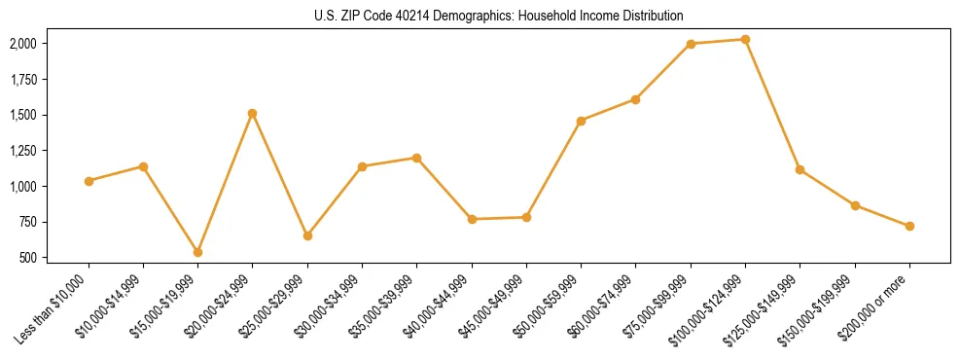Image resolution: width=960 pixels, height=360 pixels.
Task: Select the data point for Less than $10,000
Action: (x=89, y=181)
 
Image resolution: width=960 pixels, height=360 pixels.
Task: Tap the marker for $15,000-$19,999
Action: (x=198, y=252)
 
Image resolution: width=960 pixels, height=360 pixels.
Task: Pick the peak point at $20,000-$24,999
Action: (x=253, y=113)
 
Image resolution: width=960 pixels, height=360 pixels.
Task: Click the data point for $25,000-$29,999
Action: (x=307, y=235)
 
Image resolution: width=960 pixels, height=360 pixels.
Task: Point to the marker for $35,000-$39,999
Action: (x=417, y=158)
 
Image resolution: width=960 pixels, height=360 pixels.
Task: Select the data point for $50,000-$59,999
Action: (x=581, y=121)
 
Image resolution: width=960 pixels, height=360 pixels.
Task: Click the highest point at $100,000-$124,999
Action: (x=745, y=39)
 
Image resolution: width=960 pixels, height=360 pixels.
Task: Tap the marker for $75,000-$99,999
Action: (x=691, y=44)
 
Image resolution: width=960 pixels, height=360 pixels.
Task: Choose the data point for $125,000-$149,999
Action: (x=800, y=169)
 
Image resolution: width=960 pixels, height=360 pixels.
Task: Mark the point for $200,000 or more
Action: (x=909, y=226)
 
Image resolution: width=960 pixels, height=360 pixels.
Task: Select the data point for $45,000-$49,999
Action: (x=526, y=217)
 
